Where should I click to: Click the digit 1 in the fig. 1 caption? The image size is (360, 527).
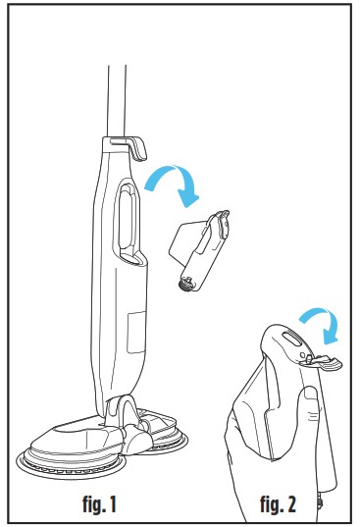pyautogui.click(x=112, y=504)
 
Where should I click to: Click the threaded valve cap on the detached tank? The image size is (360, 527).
pyautogui.click(x=185, y=282)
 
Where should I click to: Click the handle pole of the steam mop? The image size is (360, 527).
pyautogui.click(x=117, y=101)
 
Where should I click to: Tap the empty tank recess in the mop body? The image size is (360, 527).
pyautogui.click(x=128, y=222)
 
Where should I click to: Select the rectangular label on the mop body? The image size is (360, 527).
pyautogui.click(x=136, y=332)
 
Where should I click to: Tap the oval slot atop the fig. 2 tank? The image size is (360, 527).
pyautogui.click(x=292, y=338)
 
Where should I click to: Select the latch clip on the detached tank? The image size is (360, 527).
pyautogui.click(x=222, y=224)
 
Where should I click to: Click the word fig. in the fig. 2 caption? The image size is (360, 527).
pyautogui.click(x=270, y=504)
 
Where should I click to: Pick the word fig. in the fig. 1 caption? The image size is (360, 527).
pyautogui.click(x=92, y=504)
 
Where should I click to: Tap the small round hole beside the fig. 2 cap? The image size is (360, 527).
pyautogui.click(x=302, y=355)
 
